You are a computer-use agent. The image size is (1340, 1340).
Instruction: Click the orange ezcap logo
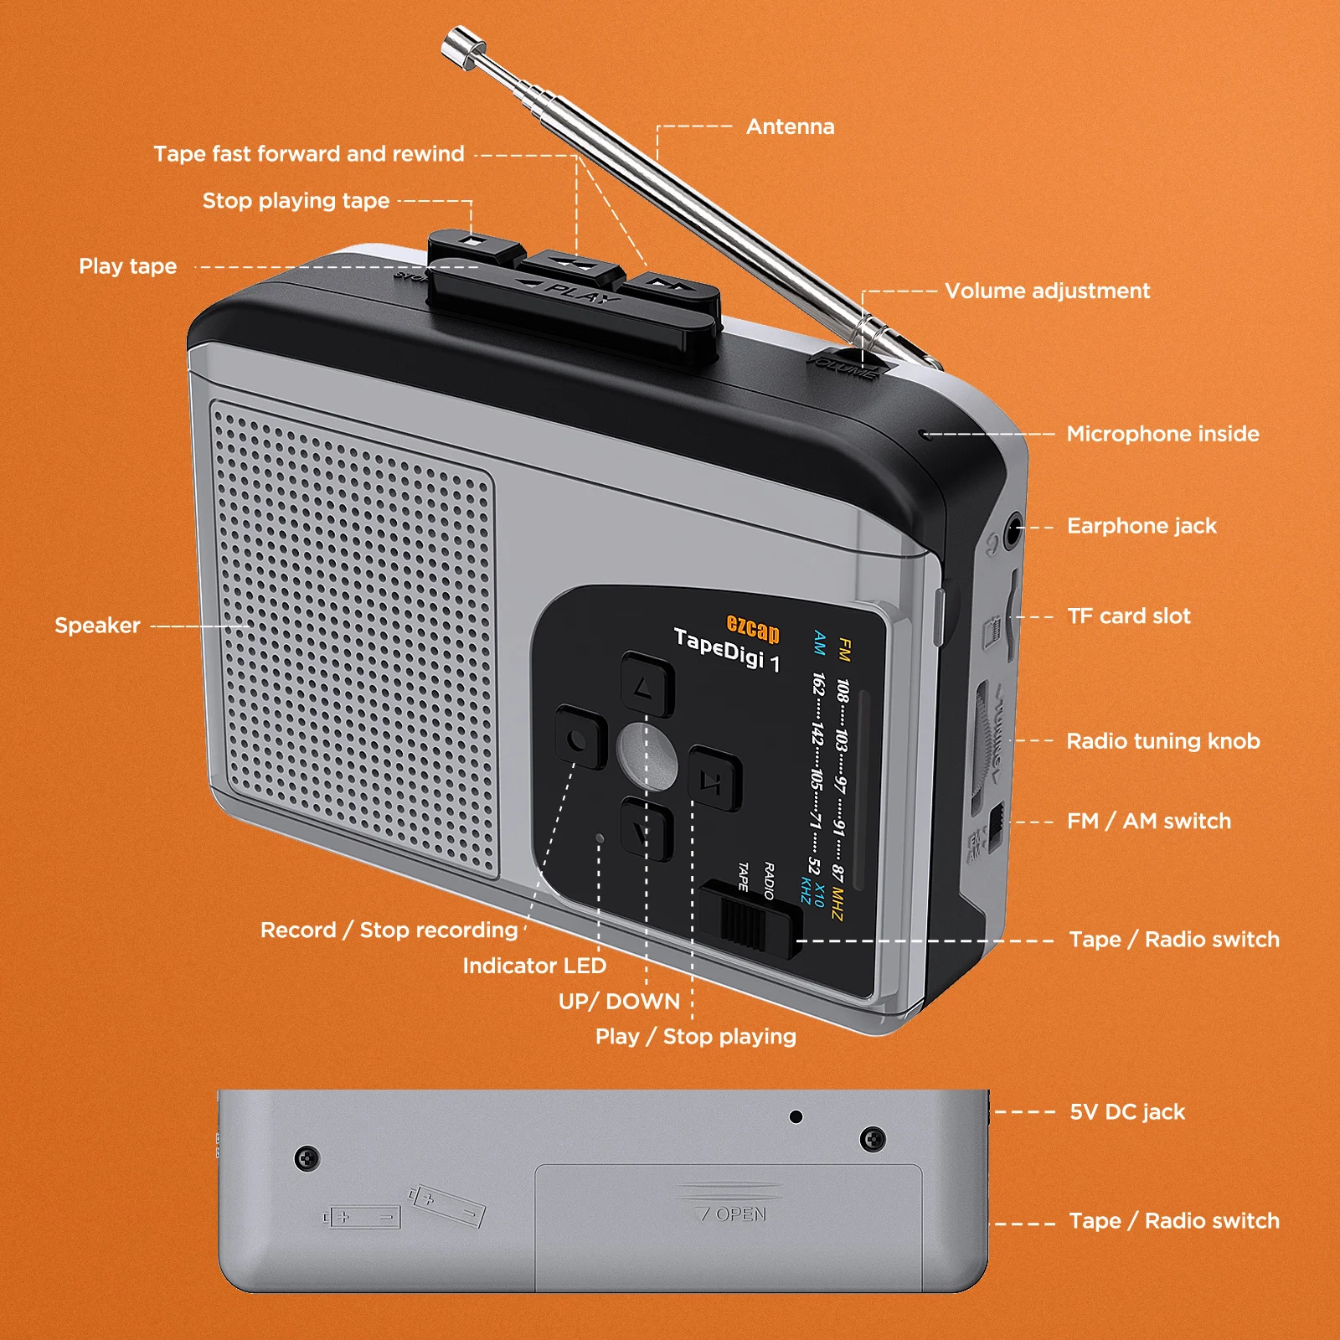(x=752, y=628)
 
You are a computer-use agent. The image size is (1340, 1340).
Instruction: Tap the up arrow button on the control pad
(x=647, y=685)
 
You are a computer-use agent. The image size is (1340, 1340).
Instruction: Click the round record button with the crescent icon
(x=580, y=738)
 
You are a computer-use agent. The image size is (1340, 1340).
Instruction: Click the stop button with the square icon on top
(x=472, y=243)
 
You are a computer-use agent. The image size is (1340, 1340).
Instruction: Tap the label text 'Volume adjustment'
(x=1047, y=291)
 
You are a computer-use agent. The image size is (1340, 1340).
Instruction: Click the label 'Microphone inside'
(x=1162, y=434)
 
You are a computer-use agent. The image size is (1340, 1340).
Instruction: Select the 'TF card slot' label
(x=1128, y=616)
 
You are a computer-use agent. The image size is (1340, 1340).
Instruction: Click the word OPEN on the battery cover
(x=740, y=1214)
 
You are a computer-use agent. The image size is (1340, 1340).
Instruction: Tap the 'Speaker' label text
(x=97, y=626)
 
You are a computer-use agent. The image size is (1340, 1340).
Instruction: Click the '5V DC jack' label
(x=1127, y=1112)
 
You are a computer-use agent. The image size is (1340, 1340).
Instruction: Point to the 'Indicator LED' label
(x=534, y=966)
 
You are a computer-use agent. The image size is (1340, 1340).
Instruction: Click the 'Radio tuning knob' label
(x=1162, y=741)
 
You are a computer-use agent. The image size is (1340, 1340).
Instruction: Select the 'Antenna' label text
(x=790, y=126)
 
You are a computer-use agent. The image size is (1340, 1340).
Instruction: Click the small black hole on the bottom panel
(x=796, y=1116)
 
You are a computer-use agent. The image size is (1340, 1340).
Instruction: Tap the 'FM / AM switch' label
(x=1148, y=822)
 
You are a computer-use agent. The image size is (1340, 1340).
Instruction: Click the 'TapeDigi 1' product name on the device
(x=727, y=650)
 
